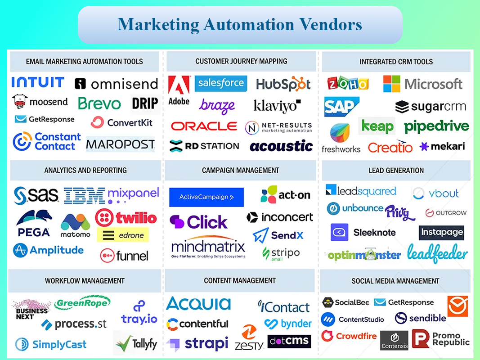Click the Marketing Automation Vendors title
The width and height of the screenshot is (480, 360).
(x=240, y=24)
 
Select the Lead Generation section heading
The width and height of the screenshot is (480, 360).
(x=396, y=171)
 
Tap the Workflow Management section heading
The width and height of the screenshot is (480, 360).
(x=85, y=281)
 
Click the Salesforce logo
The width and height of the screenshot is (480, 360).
(x=221, y=83)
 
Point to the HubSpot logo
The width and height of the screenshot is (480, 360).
(x=283, y=84)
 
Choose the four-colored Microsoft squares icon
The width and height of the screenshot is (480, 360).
(x=391, y=84)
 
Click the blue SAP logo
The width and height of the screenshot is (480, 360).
(x=341, y=107)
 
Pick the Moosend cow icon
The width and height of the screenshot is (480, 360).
(x=20, y=101)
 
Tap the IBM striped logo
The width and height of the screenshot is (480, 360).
(x=84, y=196)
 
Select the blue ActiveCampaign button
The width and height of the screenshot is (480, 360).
(x=206, y=197)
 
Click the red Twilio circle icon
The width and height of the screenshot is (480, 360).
(x=104, y=218)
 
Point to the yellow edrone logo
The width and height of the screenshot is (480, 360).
(x=123, y=235)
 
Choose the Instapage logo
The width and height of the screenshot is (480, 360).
(x=441, y=233)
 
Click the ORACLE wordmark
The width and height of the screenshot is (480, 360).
(x=204, y=126)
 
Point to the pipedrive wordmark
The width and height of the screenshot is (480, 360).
(x=436, y=126)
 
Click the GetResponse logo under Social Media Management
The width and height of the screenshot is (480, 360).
(x=404, y=302)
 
